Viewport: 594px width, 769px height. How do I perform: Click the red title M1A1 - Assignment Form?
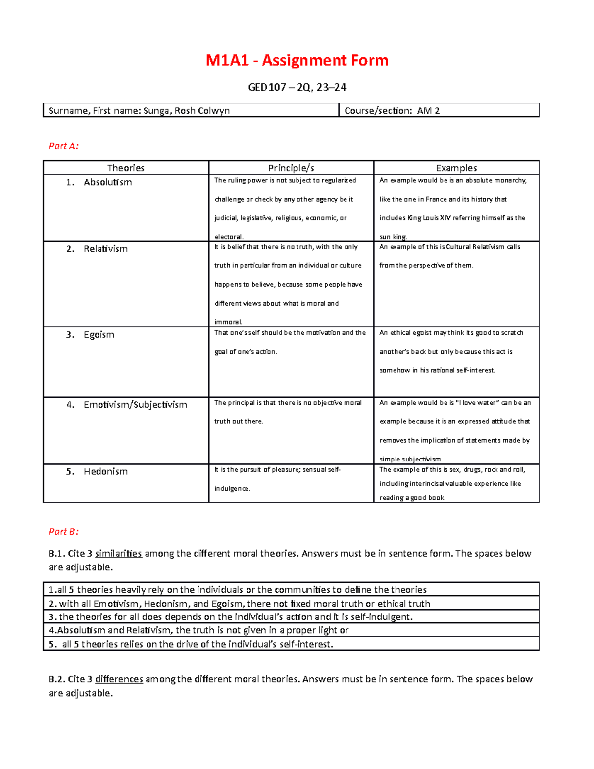[x=297, y=60]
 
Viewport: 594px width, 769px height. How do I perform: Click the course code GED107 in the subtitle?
[x=267, y=88]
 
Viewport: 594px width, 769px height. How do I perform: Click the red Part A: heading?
[x=63, y=146]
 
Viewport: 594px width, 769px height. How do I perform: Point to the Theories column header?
[x=126, y=168]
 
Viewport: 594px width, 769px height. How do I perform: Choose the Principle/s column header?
[x=291, y=168]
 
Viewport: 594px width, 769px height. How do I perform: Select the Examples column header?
[x=456, y=168]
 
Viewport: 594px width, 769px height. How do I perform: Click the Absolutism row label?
[x=107, y=182]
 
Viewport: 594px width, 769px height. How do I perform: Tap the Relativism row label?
[x=105, y=249]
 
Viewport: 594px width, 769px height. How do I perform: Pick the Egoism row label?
[x=99, y=335]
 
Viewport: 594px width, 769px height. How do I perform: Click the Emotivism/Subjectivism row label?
[x=135, y=405]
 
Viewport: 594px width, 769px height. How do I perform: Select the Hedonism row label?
[x=105, y=471]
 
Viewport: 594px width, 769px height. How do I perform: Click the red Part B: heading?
[x=63, y=531]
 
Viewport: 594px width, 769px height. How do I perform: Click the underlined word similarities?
[x=118, y=553]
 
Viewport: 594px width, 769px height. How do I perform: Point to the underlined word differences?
[x=119, y=679]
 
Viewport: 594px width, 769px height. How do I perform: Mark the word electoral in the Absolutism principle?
[x=228, y=237]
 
